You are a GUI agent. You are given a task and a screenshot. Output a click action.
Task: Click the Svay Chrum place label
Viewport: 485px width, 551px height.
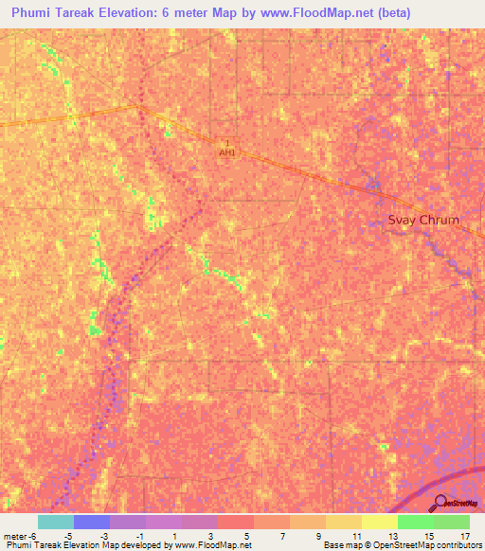[423, 221]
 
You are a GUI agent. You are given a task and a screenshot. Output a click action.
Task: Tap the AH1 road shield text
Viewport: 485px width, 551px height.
[227, 151]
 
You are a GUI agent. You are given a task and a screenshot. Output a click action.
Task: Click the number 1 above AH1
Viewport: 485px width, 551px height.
[227, 143]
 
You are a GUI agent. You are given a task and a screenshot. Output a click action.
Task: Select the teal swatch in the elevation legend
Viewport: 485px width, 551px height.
[56, 522]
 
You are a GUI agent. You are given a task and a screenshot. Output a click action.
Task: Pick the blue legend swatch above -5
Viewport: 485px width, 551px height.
[92, 522]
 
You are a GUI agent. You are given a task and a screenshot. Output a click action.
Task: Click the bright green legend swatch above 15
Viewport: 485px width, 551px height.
[415, 522]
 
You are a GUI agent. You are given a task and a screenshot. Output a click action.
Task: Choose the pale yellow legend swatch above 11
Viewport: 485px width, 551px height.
[379, 522]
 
